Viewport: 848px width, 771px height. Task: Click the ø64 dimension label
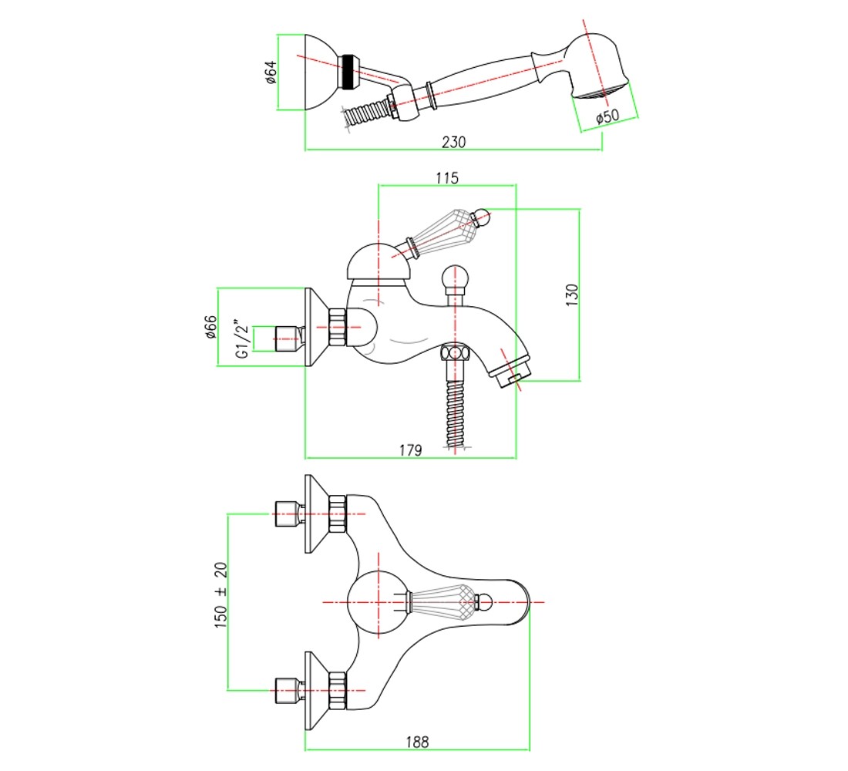(x=271, y=72)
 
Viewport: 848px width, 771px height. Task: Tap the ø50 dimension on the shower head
(x=607, y=116)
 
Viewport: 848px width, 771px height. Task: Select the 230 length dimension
(x=454, y=142)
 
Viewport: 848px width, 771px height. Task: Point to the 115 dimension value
(x=447, y=177)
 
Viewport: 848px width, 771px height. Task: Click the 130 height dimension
(x=572, y=295)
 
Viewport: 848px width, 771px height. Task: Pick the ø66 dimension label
(x=210, y=327)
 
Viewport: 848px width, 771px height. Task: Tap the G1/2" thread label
(x=243, y=339)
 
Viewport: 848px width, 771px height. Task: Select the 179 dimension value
(x=410, y=450)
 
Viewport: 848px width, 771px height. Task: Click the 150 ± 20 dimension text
(x=220, y=594)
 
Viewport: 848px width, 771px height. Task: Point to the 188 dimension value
(x=417, y=742)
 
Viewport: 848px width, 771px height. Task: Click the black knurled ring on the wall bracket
(x=348, y=72)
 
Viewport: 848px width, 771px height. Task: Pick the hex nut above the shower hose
(x=455, y=353)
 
